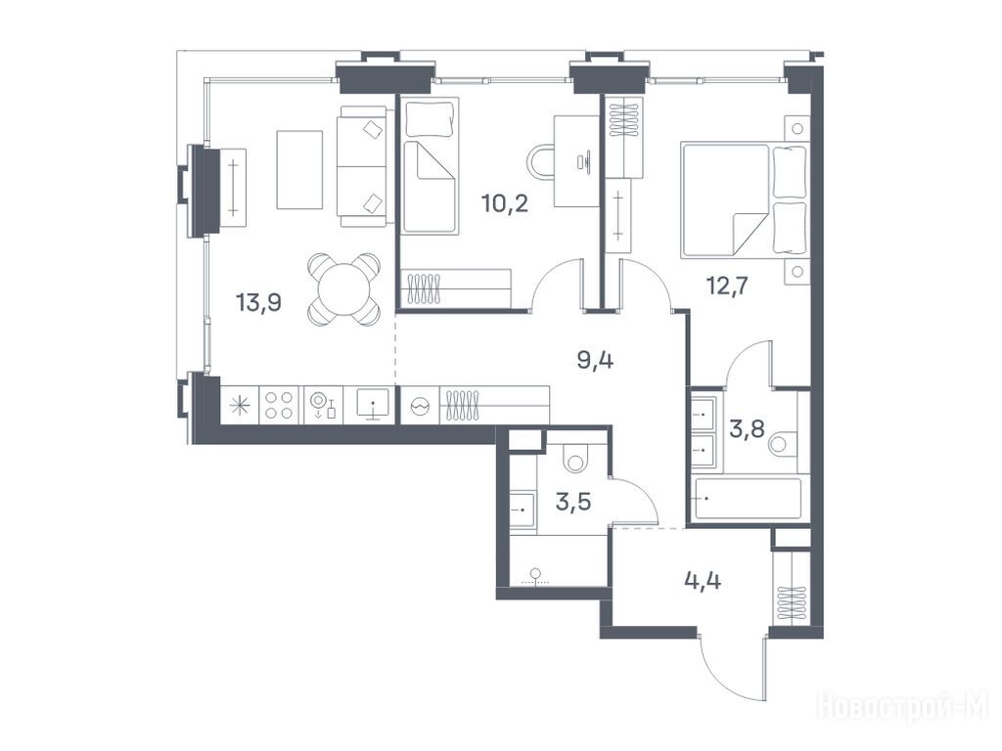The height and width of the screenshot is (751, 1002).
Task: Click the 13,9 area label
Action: pos(258,301)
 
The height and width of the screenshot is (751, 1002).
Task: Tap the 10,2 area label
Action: pos(505,203)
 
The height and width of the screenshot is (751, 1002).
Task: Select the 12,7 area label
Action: pos(727,285)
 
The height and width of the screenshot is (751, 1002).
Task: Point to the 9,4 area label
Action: pos(595,361)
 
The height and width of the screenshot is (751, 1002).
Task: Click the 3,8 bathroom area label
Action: pos(747,428)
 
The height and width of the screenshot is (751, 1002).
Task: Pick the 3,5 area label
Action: pos(573,502)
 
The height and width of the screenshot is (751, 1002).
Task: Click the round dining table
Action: pos(343,288)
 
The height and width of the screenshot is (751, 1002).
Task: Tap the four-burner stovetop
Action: pos(279,405)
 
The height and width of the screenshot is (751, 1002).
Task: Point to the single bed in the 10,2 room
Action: pos(431,166)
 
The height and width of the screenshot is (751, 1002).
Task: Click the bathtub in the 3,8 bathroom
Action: pos(747,499)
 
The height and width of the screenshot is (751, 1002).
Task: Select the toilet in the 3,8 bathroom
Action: pos(784,444)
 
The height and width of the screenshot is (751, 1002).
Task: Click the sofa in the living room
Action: pos(362,166)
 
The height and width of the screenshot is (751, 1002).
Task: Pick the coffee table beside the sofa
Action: pos(299,170)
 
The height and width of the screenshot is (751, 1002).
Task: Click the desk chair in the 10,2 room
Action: pos(542,161)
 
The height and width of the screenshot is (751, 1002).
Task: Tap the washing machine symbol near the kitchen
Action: pos(420,405)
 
